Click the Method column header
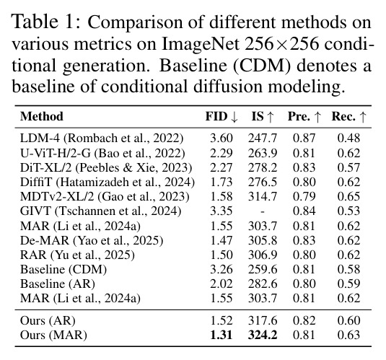click(42, 116)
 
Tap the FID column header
click(221, 117)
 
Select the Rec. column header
click(348, 117)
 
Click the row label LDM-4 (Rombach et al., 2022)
click(102, 139)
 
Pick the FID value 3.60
click(221, 138)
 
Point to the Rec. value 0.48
click(348, 138)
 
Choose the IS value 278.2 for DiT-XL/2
click(263, 167)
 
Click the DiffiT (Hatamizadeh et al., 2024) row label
click(108, 183)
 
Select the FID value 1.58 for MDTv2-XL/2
click(221, 196)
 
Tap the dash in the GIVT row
click(263, 212)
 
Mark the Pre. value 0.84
click(304, 211)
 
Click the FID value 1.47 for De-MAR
click(221, 240)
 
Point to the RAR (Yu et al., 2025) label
click(77, 255)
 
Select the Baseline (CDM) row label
click(63, 270)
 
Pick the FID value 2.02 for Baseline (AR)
click(221, 284)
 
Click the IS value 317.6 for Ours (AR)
click(263, 320)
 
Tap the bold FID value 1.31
click(221, 335)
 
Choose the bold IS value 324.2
click(263, 335)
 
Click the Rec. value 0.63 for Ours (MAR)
click(348, 335)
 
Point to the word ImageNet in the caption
click(201, 45)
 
